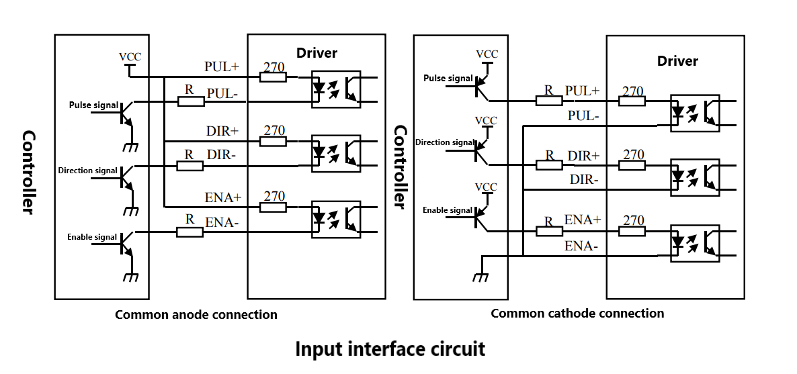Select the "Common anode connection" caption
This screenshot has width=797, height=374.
tap(196, 314)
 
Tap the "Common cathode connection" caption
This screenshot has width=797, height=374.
tap(577, 313)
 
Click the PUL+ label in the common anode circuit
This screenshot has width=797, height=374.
tap(222, 67)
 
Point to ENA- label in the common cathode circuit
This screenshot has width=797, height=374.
tap(581, 246)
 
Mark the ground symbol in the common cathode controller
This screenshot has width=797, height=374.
tap(480, 277)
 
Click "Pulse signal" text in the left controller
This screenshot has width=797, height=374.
tap(93, 105)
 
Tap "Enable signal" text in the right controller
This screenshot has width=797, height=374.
tap(448, 210)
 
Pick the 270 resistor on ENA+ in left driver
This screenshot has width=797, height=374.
tap(273, 207)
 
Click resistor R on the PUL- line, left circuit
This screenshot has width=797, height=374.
tap(191, 101)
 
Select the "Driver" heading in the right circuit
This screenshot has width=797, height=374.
tap(677, 61)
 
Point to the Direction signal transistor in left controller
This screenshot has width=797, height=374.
tap(126, 177)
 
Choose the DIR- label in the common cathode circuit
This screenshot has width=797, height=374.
tap(584, 179)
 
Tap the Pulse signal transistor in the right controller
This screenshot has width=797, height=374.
tap(480, 85)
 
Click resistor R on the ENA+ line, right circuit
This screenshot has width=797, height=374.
tap(549, 232)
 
